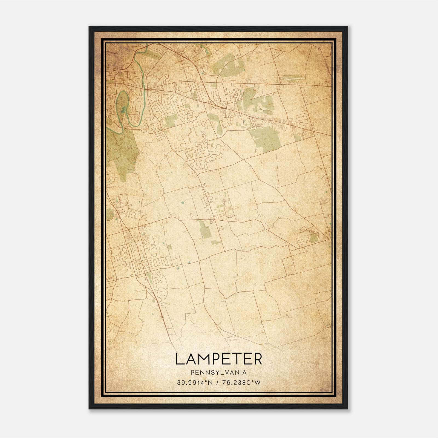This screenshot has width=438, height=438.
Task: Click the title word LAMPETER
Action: click(218, 359)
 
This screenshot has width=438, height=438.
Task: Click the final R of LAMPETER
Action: click(258, 359)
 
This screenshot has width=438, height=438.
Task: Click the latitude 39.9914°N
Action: click(195, 383)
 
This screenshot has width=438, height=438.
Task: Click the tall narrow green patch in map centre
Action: click(204, 229)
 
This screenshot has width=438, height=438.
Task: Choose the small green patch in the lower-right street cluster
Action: click(314, 238)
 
